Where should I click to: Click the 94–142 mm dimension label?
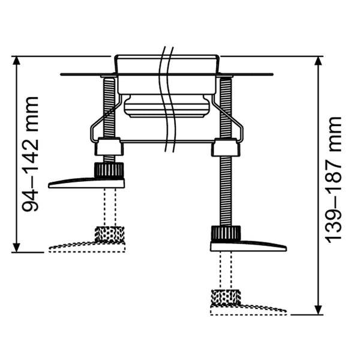[30, 154]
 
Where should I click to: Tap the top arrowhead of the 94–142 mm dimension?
[16, 61]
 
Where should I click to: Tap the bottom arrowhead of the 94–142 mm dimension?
[16, 247]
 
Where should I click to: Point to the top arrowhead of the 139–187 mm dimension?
[318, 61]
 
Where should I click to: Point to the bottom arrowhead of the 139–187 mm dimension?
[318, 310]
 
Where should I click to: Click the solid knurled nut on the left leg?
[109, 170]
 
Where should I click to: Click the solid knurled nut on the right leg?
[226, 233]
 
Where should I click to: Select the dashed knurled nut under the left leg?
[110, 234]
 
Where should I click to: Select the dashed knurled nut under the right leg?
[226, 298]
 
